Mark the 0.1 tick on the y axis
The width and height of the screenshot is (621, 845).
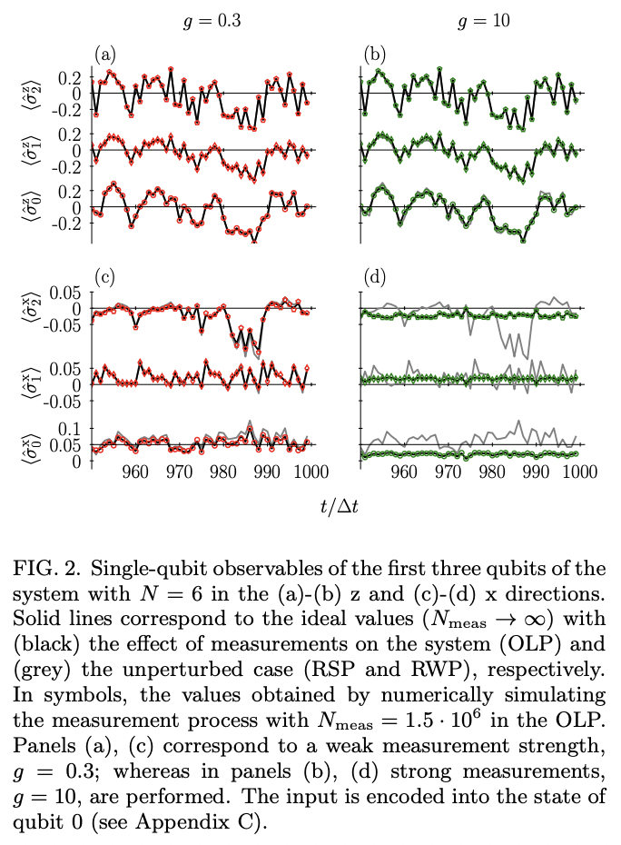point(72,428)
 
